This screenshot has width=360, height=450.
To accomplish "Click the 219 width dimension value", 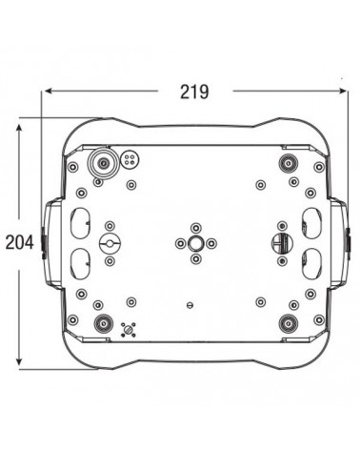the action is click(x=194, y=92).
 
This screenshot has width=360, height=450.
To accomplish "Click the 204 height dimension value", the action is click(x=20, y=243).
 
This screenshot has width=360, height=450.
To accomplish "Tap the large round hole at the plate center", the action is click(x=196, y=243).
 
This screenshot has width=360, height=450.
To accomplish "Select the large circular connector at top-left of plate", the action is click(x=103, y=163).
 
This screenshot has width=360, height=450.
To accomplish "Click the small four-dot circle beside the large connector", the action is click(x=130, y=159).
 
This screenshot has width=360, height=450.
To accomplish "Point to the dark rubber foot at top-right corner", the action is click(x=289, y=163).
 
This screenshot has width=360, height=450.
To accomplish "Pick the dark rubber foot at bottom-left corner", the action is click(x=104, y=323).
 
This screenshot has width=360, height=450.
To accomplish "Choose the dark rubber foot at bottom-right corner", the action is click(x=289, y=323).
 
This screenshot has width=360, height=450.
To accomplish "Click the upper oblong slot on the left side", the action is click(x=80, y=223).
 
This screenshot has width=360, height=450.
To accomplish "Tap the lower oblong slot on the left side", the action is click(x=80, y=264).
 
